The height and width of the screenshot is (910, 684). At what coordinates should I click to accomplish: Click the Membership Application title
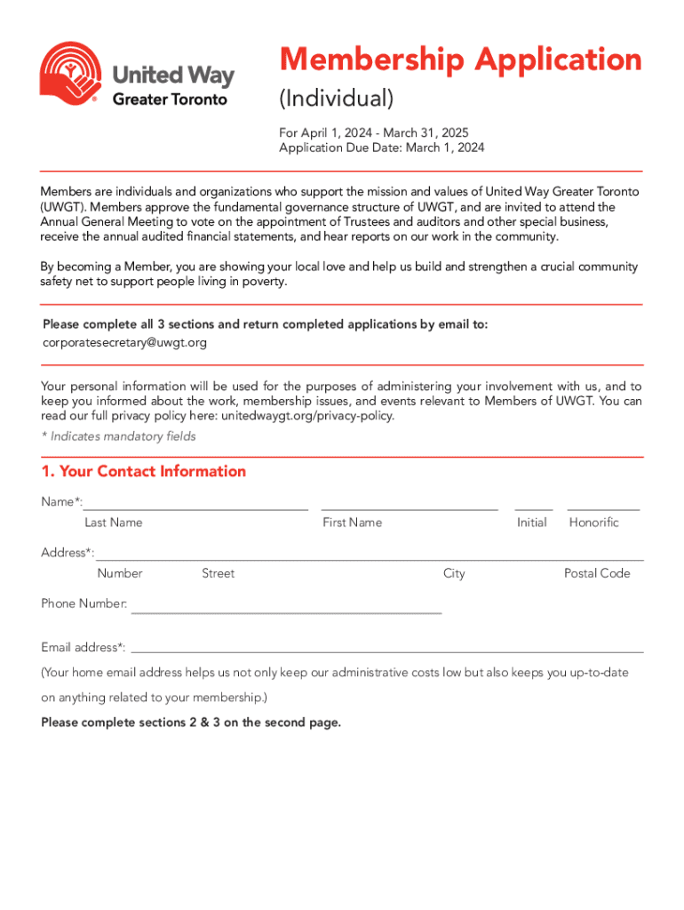point(460,60)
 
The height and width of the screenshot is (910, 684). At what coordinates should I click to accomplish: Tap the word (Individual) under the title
point(336,98)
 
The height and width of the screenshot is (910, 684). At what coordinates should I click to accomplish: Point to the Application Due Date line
point(382,148)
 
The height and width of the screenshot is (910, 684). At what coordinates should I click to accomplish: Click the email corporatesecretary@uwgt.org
point(124,342)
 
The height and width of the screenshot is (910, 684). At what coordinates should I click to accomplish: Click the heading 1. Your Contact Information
point(144,471)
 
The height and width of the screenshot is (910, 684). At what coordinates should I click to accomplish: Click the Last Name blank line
point(195,507)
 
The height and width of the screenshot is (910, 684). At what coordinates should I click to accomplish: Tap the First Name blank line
point(409,507)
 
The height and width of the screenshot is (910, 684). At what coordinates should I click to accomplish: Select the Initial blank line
point(533,507)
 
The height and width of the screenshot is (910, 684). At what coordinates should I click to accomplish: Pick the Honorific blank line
point(603,507)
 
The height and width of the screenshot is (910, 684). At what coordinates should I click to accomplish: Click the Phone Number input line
point(286,611)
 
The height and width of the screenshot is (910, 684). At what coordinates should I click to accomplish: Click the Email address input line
point(386,651)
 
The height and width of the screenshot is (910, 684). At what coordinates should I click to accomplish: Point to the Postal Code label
point(597,573)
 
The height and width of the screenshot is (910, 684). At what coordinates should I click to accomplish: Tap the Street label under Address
point(218,573)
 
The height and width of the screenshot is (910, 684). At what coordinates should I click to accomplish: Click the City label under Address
point(454,573)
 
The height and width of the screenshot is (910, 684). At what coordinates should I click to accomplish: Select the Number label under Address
point(120,573)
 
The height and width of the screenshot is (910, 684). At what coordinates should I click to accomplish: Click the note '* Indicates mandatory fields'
point(118,436)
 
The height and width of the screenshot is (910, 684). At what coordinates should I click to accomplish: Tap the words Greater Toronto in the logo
point(170,100)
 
